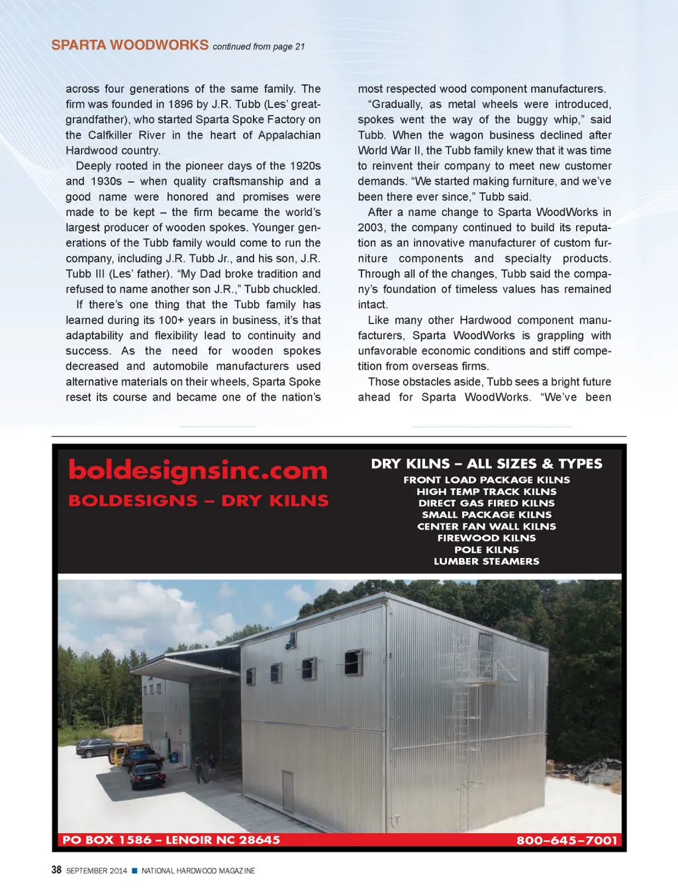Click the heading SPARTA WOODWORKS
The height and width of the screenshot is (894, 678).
pos(130,45)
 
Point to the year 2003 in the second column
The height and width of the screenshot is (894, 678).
pos(371,227)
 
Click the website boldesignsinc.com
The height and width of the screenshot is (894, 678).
pos(198,471)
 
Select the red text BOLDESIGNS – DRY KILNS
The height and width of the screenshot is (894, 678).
pos(198,501)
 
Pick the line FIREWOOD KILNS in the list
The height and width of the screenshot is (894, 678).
pos(487,538)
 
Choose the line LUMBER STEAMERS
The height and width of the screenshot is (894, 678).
pos(487,561)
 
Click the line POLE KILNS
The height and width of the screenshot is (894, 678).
pos(487,549)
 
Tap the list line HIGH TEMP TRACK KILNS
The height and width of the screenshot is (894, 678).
pos(487,492)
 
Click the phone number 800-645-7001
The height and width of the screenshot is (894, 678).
pos(567,840)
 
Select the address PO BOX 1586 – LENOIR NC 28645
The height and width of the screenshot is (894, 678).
pos(171,840)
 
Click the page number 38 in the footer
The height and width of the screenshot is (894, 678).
pos(57,870)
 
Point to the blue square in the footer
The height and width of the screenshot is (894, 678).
pos(134,870)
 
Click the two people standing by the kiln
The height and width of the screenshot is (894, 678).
pos(205,768)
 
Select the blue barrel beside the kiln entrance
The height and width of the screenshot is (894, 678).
pos(173,757)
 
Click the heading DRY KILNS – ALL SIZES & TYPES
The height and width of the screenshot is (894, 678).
pos(487,464)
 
